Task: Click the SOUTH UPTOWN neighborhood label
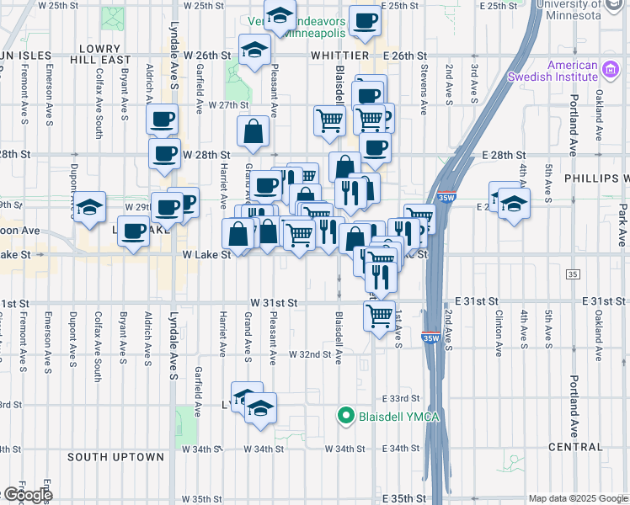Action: coord(115,457)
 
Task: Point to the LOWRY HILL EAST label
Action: coord(102,55)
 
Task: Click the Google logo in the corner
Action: coord(27,494)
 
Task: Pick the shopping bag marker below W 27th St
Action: coord(254,131)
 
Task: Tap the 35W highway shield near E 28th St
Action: coord(446,199)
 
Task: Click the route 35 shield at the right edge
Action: coord(574,274)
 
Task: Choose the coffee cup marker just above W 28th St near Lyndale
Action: coord(164,152)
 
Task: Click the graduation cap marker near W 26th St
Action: coord(254,49)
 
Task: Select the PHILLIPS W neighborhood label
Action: coord(602,178)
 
